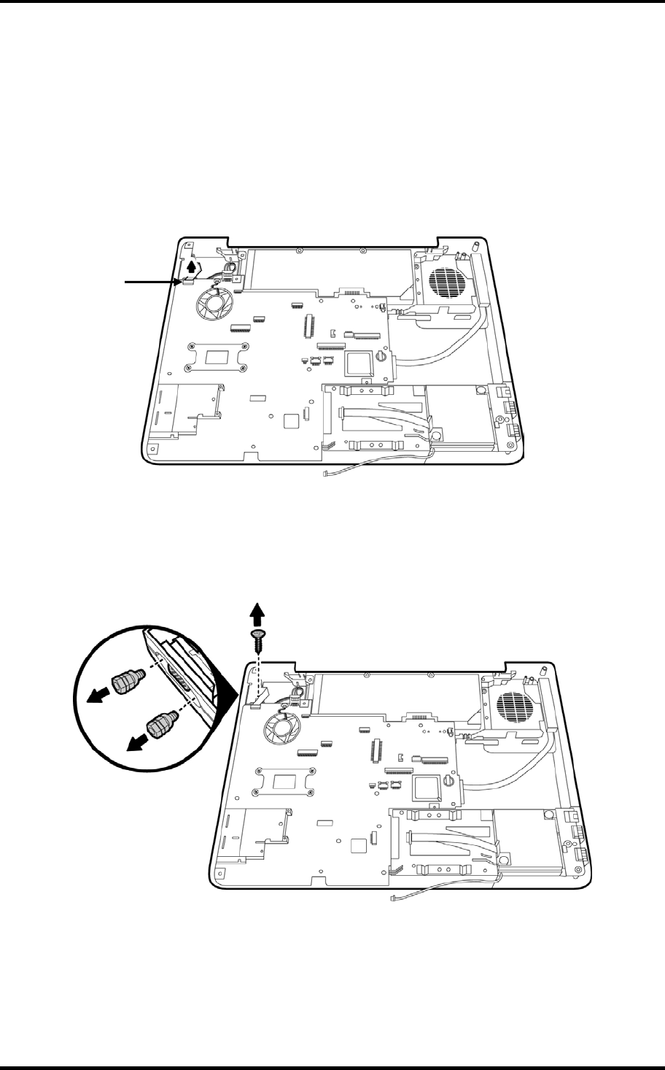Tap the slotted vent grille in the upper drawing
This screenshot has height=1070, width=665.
[x=444, y=282]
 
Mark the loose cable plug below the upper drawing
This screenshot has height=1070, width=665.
[x=325, y=474]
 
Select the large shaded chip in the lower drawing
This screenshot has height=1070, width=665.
[x=429, y=787]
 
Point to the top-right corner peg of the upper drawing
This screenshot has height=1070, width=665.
[x=475, y=246]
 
